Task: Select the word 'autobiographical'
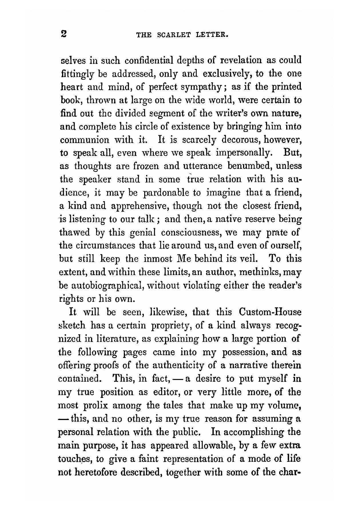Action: pos(106,285)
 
